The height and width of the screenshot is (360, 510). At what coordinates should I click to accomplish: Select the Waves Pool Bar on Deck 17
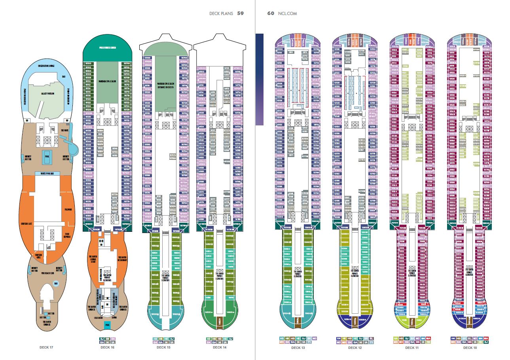point(47,173)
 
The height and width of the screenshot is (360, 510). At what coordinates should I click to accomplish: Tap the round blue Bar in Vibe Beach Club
point(56,284)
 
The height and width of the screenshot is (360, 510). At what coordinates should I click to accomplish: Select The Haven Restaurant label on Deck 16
point(122,259)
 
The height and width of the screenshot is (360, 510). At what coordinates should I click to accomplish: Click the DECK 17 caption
point(46,347)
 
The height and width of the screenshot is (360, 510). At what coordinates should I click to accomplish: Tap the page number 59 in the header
point(240,13)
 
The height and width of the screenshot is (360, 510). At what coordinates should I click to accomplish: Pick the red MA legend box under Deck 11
point(429,339)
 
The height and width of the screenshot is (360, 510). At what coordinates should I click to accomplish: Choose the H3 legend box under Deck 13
point(282,339)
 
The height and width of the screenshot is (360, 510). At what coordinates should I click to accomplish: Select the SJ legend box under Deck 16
point(102,339)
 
